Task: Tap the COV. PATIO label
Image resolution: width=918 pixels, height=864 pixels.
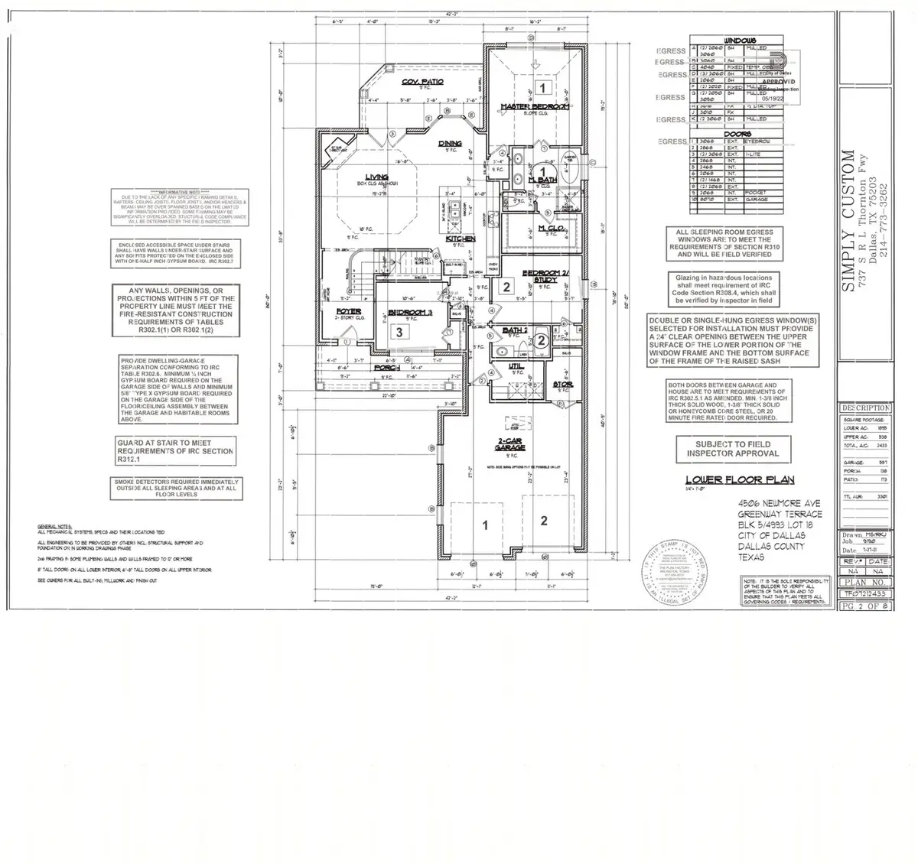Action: tap(423, 81)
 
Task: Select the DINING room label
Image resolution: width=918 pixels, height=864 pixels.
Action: tap(450, 143)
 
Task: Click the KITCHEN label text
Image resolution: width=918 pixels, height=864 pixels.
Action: tap(461, 239)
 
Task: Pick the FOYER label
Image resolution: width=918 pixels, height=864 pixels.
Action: tap(349, 310)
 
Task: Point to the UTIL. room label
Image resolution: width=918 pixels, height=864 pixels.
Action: tap(517, 366)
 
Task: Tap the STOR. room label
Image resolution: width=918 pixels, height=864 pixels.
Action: tap(563, 385)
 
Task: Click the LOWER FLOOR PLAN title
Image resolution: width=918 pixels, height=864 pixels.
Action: tap(739, 480)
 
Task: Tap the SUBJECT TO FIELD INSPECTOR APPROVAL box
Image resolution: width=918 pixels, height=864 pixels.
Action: tap(732, 449)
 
